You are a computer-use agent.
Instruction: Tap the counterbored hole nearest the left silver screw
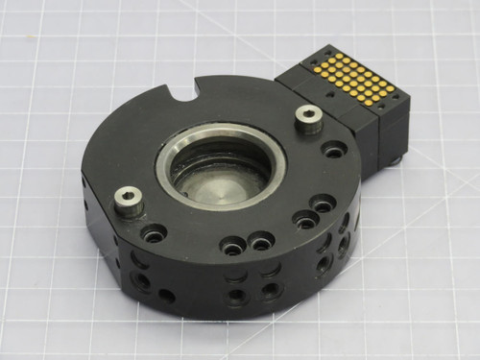pos(154,232)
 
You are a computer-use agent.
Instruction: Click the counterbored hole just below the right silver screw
pos(335,150)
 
